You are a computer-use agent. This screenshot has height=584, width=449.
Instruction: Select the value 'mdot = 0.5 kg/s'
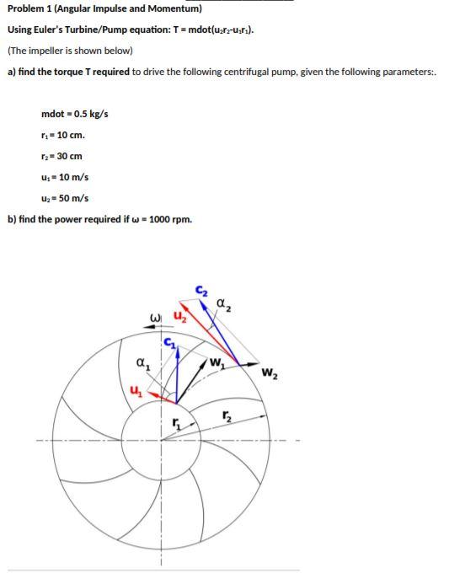click(x=74, y=114)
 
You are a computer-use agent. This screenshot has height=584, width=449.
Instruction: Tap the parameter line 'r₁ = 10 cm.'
click(x=63, y=135)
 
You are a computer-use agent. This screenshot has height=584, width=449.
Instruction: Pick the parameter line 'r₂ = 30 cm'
click(x=61, y=156)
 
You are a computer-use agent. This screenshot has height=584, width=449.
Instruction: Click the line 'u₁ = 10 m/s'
click(x=65, y=177)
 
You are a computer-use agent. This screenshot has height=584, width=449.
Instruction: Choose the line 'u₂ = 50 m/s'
click(x=65, y=199)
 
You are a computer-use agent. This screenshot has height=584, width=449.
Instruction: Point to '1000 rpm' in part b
click(x=172, y=220)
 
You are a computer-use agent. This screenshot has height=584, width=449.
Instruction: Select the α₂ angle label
click(x=222, y=303)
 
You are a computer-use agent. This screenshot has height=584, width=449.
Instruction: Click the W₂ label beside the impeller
click(x=269, y=373)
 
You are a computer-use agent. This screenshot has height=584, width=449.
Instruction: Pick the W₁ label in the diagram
click(x=217, y=364)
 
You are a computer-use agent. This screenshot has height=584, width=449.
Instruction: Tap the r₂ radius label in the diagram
click(x=226, y=415)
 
